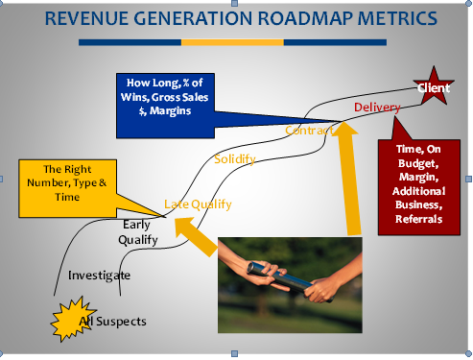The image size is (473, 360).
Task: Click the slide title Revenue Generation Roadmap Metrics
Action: (236, 19)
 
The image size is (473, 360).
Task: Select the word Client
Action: (433, 88)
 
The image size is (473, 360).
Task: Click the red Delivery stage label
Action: (376, 108)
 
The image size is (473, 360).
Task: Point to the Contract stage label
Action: (308, 130)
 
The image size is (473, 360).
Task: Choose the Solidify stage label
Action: (235, 158)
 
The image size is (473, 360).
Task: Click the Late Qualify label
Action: (198, 204)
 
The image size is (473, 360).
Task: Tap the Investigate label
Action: (99, 276)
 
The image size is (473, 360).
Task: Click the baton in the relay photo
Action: (288, 273)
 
